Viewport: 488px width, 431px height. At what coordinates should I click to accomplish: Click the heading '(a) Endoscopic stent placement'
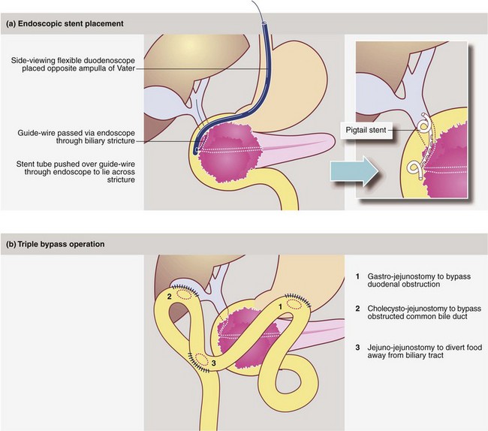pos(64,23)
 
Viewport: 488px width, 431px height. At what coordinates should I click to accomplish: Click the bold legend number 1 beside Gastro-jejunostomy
pos(359,276)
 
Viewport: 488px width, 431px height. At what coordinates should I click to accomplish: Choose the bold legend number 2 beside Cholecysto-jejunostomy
pos(359,308)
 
